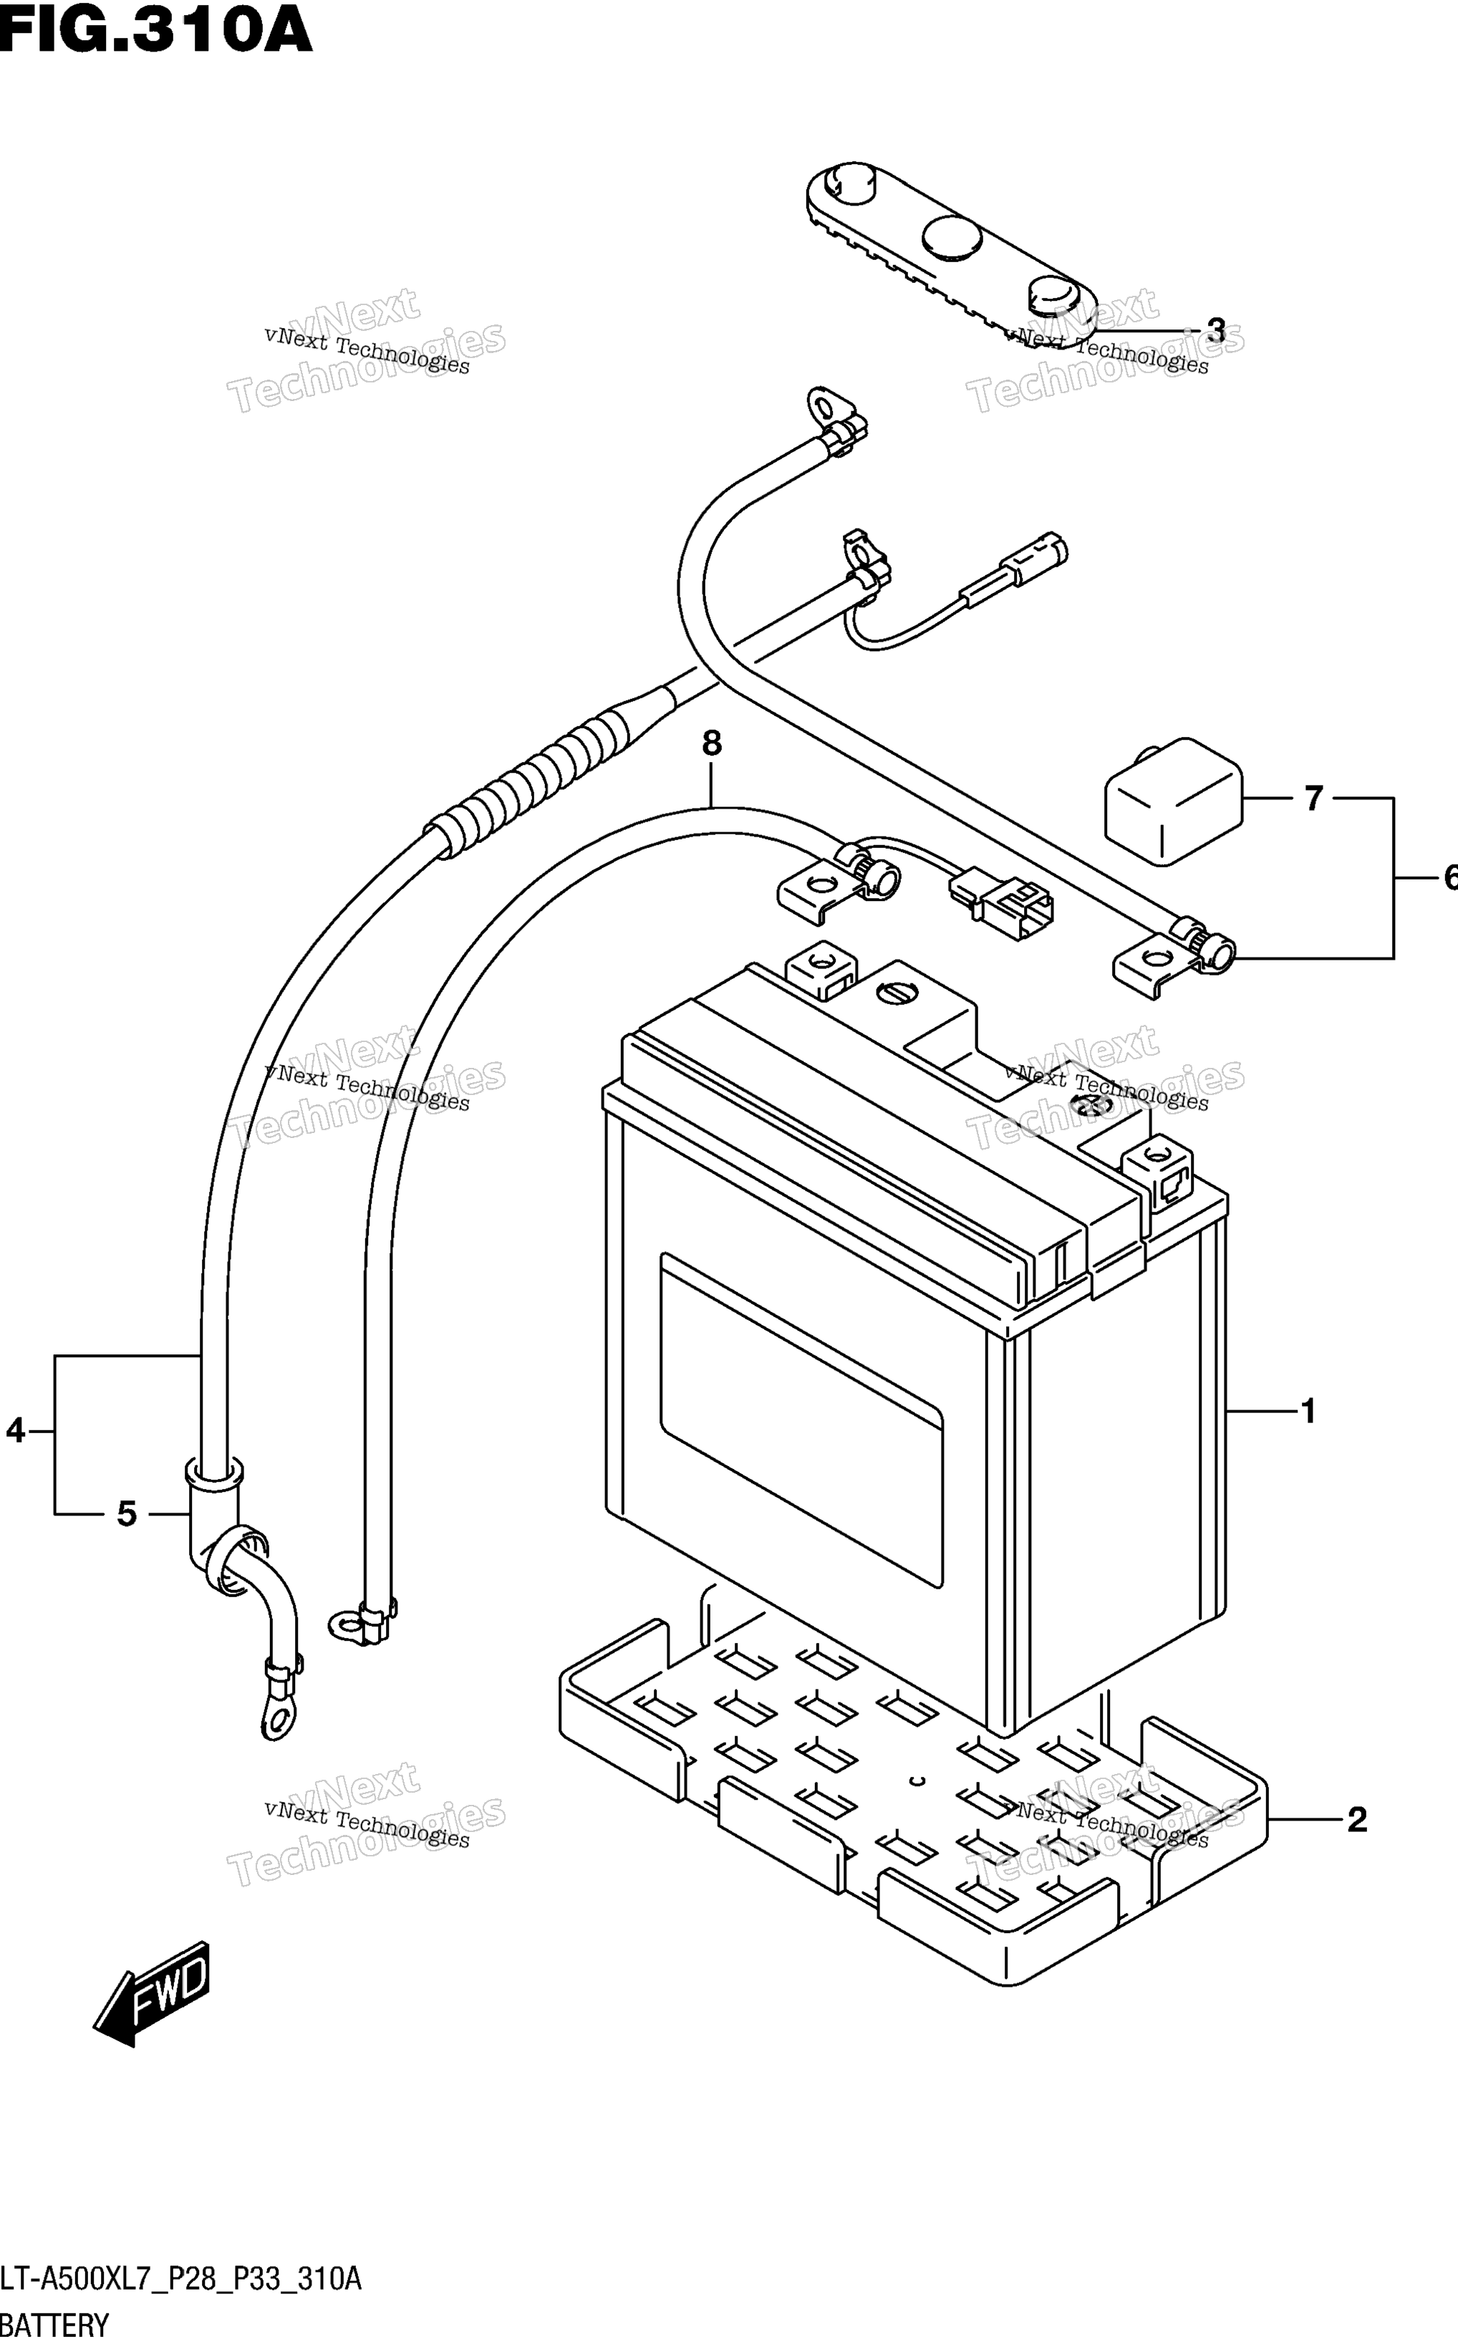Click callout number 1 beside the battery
(1308, 1412)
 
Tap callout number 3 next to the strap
(1215, 331)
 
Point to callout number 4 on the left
(16, 1430)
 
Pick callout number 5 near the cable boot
(126, 1514)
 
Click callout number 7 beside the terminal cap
(1313, 799)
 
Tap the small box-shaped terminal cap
(1172, 802)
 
